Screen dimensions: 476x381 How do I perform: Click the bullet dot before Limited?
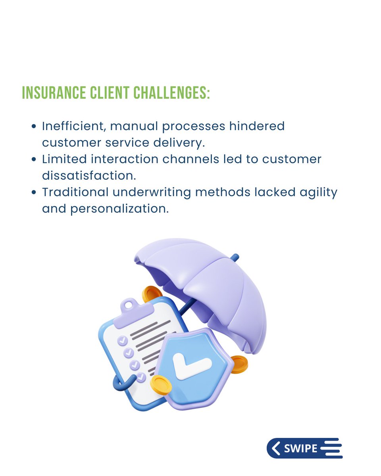(34, 159)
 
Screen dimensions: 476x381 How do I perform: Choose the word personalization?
(119, 209)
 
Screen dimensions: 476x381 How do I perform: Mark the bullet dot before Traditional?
(34, 192)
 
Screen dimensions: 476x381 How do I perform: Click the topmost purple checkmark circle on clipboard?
(122, 340)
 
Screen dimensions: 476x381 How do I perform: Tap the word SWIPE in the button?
(300, 449)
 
